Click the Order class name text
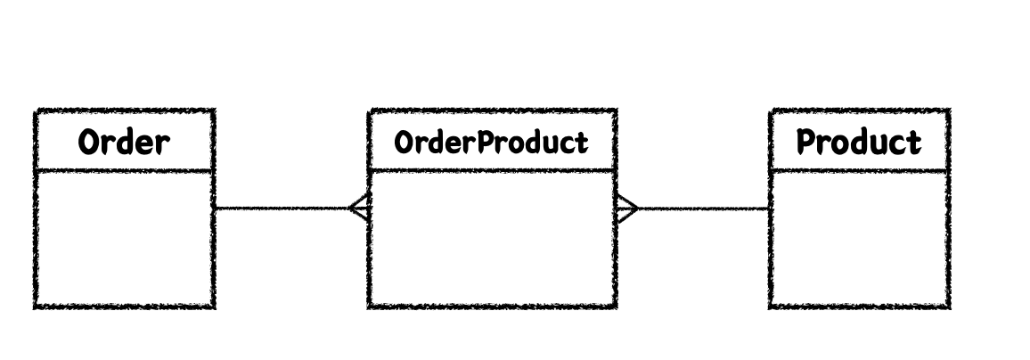tap(124, 142)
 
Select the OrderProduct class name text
tap(491, 142)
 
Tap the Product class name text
tap(858, 142)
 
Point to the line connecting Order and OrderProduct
tap(281, 209)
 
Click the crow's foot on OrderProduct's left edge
tap(359, 209)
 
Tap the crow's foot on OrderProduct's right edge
tap(626, 209)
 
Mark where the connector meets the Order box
tap(215, 209)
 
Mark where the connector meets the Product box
tap(770, 209)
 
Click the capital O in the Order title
tap(89, 142)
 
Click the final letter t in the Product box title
tap(914, 142)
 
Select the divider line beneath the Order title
tap(124, 169)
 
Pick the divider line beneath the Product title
tap(858, 169)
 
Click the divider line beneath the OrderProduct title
tap(491, 169)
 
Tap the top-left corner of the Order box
tap(36, 111)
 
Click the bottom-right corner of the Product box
tap(948, 307)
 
